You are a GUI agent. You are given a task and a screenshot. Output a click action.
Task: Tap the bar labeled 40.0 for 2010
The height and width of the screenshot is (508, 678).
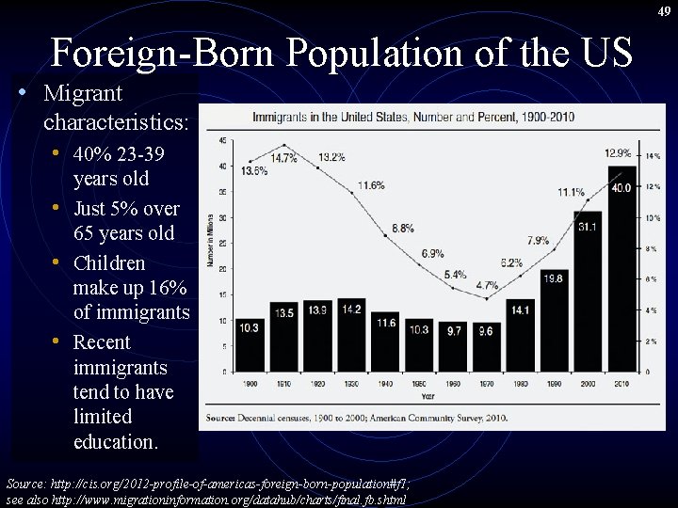621,273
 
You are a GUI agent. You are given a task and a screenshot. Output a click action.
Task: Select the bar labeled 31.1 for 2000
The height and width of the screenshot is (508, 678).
589,296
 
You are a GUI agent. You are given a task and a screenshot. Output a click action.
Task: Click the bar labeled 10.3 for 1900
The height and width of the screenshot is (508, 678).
250,346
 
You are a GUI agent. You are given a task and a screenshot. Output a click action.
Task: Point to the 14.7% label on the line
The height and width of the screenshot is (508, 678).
283,158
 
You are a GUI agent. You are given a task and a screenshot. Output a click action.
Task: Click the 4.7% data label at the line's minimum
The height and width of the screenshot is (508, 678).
487,285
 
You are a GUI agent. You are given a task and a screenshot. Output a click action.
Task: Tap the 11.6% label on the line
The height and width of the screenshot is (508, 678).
370,184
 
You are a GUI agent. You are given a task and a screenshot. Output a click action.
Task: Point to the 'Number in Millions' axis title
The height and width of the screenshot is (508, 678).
211,254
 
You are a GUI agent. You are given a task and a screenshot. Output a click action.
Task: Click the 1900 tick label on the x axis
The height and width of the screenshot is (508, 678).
250,385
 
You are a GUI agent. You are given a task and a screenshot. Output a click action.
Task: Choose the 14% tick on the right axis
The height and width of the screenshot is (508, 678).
652,155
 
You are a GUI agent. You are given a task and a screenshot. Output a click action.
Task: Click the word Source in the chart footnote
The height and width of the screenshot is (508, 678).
222,416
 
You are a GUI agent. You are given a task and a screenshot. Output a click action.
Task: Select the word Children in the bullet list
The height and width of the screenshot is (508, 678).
108,262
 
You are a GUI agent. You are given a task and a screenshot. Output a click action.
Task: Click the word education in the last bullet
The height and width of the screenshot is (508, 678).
115,441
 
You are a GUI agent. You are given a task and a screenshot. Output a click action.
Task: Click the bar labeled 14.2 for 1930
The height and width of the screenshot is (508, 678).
352,337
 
